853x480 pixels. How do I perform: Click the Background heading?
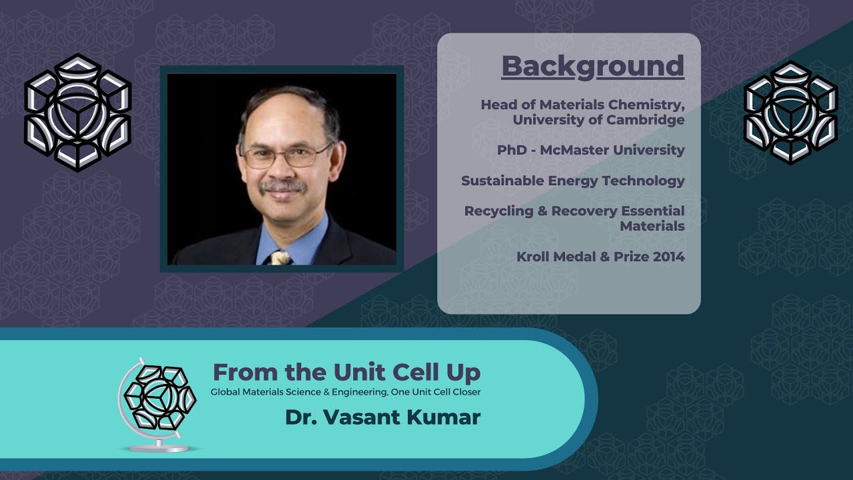pos(592,66)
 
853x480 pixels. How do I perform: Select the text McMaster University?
pos(612,150)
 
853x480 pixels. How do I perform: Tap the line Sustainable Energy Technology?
pos(572,181)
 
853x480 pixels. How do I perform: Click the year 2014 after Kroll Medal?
pos(668,256)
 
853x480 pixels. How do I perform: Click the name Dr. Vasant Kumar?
pos(383,417)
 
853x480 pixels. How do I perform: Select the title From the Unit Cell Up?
pos(346,372)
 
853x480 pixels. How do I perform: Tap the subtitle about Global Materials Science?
pos(345,392)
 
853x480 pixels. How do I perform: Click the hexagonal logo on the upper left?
pos(77,112)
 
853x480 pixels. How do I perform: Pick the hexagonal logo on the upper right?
pos(790,112)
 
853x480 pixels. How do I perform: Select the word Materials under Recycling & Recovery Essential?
pos(652,226)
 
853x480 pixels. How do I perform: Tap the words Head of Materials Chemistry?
pos(582,105)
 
